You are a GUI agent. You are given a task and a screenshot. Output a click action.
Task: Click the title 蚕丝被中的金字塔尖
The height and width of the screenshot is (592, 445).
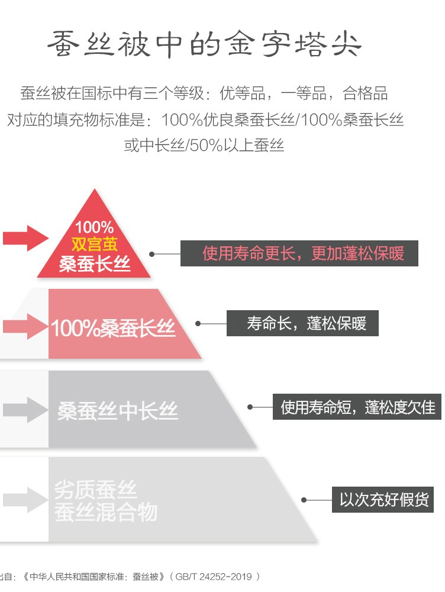(204, 44)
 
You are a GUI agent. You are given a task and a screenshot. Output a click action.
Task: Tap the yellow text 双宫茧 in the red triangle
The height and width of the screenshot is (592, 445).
(95, 244)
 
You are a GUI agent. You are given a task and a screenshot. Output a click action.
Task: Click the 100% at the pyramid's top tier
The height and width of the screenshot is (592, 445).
(95, 227)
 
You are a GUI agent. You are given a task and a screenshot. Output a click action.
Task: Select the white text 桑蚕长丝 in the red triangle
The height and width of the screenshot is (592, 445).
(95, 263)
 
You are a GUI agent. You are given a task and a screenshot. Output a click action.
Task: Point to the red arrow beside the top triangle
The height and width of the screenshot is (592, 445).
(25, 238)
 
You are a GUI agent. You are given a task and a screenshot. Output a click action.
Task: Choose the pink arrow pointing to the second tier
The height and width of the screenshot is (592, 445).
(25, 326)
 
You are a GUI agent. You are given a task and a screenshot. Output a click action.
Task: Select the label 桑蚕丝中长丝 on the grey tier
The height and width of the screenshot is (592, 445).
(118, 410)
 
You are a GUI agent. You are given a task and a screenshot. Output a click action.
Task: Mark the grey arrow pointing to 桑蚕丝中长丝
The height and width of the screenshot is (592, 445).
(25, 410)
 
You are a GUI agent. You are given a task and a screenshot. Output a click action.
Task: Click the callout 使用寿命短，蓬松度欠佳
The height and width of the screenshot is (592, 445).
(357, 407)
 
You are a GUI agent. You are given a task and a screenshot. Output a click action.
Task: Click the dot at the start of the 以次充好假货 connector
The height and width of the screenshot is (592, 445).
(304, 500)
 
